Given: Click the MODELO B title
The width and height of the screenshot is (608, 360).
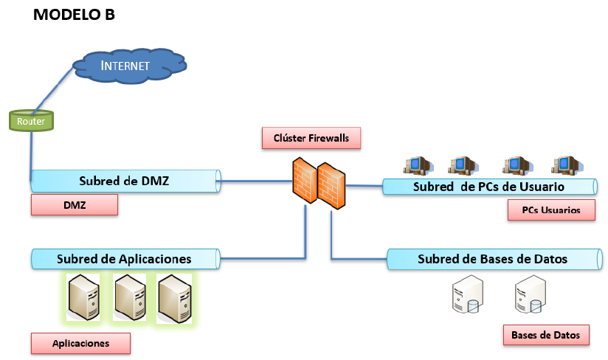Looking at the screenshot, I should pyautogui.click(x=74, y=15).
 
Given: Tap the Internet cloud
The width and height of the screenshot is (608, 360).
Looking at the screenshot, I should pyautogui.click(x=125, y=66).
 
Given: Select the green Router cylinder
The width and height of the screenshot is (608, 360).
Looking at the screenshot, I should pyautogui.click(x=32, y=121).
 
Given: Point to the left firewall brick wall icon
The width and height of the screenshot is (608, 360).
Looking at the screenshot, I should pyautogui.click(x=304, y=179).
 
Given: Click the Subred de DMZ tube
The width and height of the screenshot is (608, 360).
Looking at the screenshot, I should pyautogui.click(x=125, y=181).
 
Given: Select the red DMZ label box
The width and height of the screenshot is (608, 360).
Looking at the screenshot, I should pyautogui.click(x=75, y=205).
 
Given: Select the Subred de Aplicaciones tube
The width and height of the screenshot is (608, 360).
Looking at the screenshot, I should pyautogui.click(x=125, y=259).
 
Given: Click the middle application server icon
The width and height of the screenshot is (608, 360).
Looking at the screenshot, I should pyautogui.click(x=129, y=297).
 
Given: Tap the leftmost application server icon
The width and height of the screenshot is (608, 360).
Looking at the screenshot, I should pyautogui.click(x=84, y=297).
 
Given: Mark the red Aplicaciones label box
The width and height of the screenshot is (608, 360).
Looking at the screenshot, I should pyautogui.click(x=80, y=343).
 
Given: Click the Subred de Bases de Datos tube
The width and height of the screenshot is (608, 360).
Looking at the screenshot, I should pyautogui.click(x=492, y=259).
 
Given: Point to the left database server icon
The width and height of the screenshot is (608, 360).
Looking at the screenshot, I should pyautogui.click(x=467, y=294).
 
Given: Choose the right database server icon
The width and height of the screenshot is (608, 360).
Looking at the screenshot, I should pyautogui.click(x=530, y=294).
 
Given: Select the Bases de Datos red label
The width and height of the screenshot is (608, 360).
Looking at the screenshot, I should pyautogui.click(x=546, y=335).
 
